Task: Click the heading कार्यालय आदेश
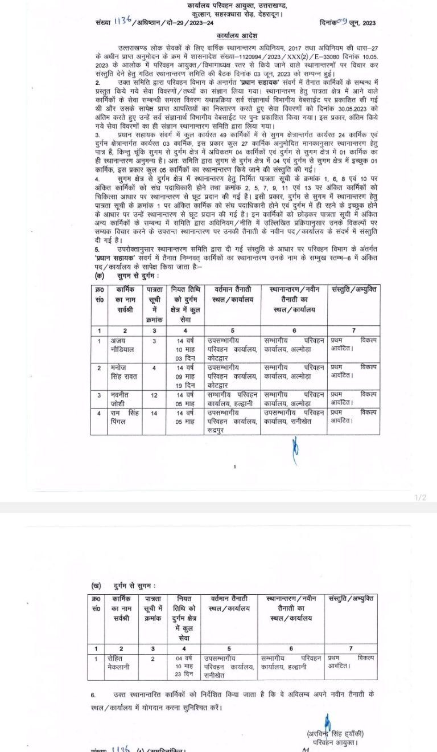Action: click(x=218, y=35)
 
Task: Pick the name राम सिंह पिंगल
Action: click(x=125, y=416)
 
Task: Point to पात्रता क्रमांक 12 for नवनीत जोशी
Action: click(x=153, y=395)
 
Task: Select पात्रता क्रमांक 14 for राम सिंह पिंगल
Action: click(x=153, y=412)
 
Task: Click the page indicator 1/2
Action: click(x=420, y=498)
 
